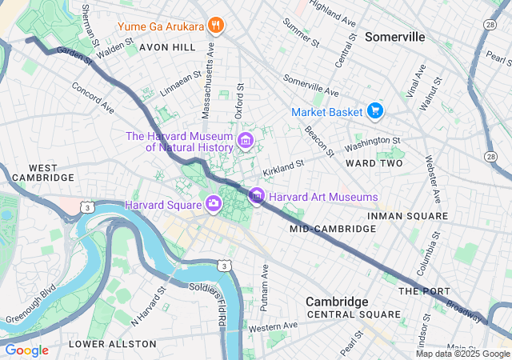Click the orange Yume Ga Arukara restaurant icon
tap(214, 26)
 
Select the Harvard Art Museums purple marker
tap(257, 196)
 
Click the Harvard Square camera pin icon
tap(214, 205)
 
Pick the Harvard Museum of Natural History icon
tap(246, 142)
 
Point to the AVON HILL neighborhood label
tap(167, 47)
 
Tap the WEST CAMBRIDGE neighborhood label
tap(33, 173)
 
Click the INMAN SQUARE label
tap(407, 216)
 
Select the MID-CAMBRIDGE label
tap(332, 229)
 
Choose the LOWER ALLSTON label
tap(113, 344)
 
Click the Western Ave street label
tap(272, 327)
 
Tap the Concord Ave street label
tap(93, 96)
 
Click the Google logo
tap(27, 350)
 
